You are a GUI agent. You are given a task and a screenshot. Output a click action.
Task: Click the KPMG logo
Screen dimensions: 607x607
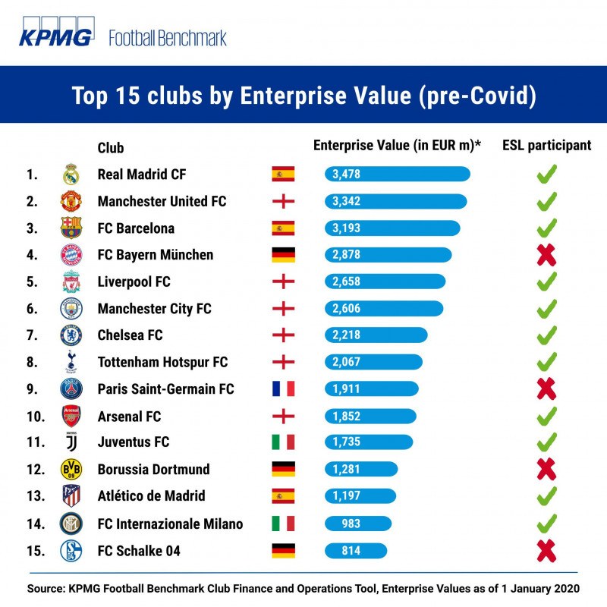click(x=56, y=32)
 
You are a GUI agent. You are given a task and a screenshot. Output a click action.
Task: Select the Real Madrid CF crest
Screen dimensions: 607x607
click(x=71, y=175)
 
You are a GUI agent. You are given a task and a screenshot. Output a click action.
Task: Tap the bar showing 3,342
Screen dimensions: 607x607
click(x=395, y=201)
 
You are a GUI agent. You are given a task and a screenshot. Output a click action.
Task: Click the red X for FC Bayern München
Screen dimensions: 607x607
click(x=546, y=255)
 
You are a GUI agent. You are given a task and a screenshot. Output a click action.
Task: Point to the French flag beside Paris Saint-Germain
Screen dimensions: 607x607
click(x=283, y=388)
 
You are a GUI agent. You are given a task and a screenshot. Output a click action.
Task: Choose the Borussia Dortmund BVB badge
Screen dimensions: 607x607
click(x=71, y=469)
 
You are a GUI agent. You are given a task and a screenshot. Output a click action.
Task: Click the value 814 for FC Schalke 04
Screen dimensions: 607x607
click(x=351, y=551)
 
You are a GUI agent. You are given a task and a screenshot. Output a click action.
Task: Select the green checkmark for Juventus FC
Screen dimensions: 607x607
click(x=546, y=442)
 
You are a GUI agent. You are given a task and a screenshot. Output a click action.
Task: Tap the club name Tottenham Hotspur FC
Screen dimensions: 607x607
click(x=162, y=363)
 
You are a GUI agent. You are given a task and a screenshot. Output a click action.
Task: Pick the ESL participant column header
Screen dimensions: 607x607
click(x=546, y=146)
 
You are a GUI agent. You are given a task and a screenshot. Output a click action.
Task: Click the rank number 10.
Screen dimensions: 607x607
click(x=36, y=417)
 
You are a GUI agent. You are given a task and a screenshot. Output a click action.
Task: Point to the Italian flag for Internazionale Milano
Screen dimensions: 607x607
click(x=283, y=524)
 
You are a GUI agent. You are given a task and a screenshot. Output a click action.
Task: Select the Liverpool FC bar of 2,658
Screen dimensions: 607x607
click(x=385, y=281)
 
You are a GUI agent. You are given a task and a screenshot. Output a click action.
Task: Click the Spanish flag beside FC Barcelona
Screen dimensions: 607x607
click(x=283, y=228)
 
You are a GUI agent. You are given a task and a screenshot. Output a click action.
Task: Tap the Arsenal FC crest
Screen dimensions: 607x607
click(x=71, y=416)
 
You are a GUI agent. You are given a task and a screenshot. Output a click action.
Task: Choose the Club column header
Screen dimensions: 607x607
click(x=111, y=148)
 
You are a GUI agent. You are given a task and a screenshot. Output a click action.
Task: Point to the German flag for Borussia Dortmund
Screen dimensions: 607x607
click(x=283, y=469)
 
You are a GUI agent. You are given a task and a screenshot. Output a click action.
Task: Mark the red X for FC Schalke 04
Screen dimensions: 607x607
click(x=546, y=551)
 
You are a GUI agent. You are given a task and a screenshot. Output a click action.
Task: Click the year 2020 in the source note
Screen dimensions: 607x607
click(x=567, y=589)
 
